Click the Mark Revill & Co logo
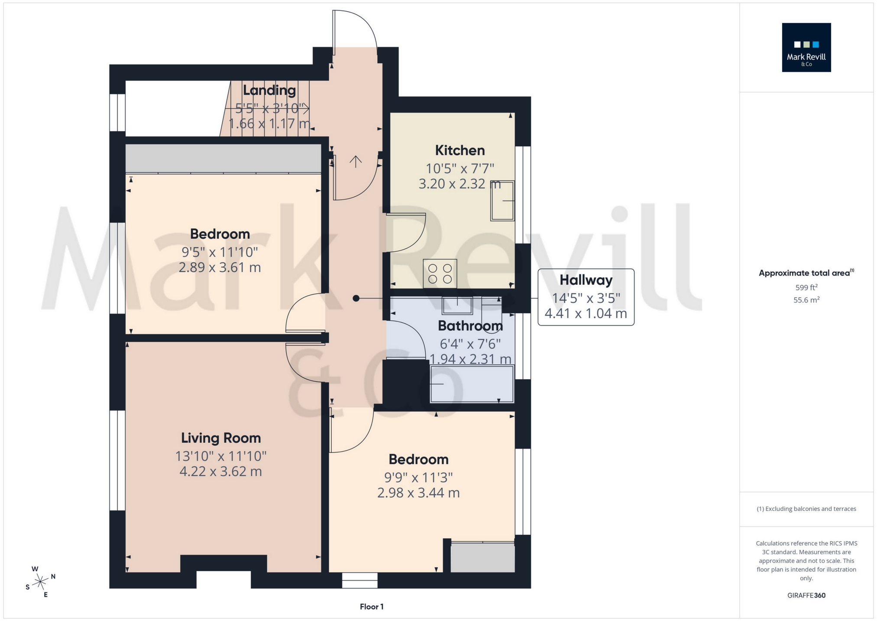[x=806, y=47]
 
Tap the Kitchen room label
[x=460, y=150]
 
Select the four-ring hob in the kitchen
[x=440, y=273]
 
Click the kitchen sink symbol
[x=502, y=201]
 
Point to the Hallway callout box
[x=586, y=297]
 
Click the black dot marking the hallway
[x=356, y=298]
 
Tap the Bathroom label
[x=470, y=325]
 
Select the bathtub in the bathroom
[x=472, y=384]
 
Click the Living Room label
[x=221, y=438]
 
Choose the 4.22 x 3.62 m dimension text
[x=220, y=471]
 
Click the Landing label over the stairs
[x=269, y=90]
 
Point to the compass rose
[x=40, y=581]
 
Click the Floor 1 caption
[x=372, y=606]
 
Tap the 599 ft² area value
[x=806, y=287]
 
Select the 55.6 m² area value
[x=806, y=300]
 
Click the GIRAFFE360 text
[x=806, y=595]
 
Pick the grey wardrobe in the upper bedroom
[x=223, y=158]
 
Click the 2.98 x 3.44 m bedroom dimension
[x=418, y=493]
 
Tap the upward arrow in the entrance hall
[x=356, y=161]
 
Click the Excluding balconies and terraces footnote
[x=806, y=509]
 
